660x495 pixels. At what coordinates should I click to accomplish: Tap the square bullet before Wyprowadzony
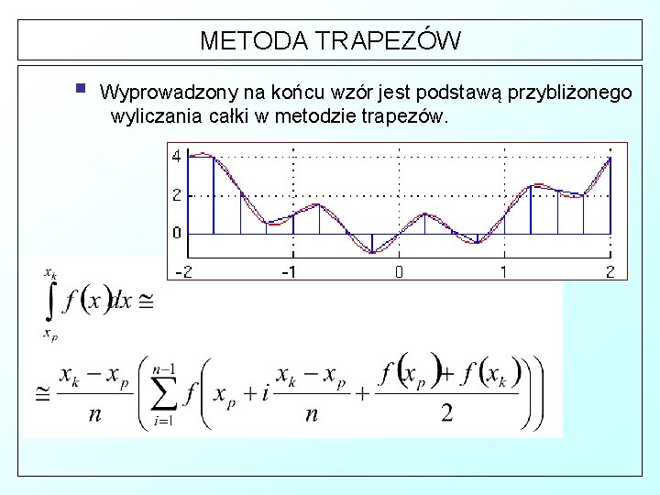coord(81,90)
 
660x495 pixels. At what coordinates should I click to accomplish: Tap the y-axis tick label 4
coord(177,157)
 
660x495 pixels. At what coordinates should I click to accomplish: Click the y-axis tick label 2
coord(177,195)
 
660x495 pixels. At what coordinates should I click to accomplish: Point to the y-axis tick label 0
coord(177,233)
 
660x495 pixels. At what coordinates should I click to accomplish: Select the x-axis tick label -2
coord(183,271)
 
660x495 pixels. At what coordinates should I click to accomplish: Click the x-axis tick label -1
coord(289,271)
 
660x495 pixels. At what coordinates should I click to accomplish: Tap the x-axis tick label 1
coord(503,271)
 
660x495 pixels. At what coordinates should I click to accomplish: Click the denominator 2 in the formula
coord(446,413)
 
